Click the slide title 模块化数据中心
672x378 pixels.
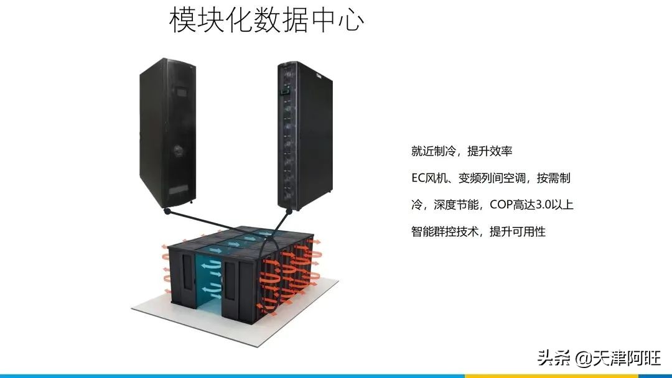pos(266,21)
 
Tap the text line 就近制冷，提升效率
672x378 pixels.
pos(461,151)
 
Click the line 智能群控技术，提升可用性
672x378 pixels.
pos(478,231)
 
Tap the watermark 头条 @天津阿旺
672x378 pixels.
pos(599,358)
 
